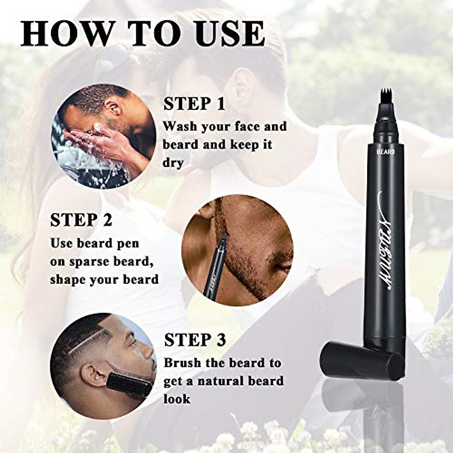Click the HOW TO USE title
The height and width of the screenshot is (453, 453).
(x=143, y=34)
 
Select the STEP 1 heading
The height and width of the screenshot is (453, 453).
(x=194, y=104)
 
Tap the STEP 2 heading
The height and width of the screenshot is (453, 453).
(x=81, y=220)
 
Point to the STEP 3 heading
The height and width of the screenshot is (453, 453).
(x=195, y=340)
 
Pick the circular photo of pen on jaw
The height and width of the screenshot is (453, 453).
(x=237, y=250)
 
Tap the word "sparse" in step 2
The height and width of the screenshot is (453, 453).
(x=89, y=262)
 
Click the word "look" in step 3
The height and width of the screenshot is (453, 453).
(x=177, y=399)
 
